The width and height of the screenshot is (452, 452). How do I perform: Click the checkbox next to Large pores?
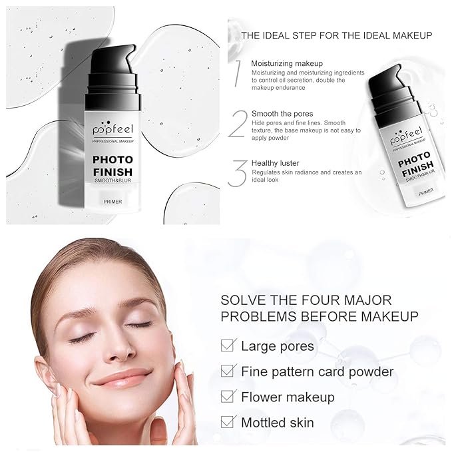[228, 345]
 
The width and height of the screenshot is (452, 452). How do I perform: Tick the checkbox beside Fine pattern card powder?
[228, 371]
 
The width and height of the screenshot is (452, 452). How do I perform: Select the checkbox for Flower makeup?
[228, 397]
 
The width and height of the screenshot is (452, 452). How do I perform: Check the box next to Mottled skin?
[228, 422]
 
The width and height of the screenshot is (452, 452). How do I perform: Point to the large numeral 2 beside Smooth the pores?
[238, 124]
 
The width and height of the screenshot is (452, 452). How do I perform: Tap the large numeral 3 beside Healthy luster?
[238, 172]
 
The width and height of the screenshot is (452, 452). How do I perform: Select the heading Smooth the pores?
[282, 114]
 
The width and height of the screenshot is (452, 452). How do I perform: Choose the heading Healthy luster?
[275, 163]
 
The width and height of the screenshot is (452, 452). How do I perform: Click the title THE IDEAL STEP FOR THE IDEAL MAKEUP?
[337, 35]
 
